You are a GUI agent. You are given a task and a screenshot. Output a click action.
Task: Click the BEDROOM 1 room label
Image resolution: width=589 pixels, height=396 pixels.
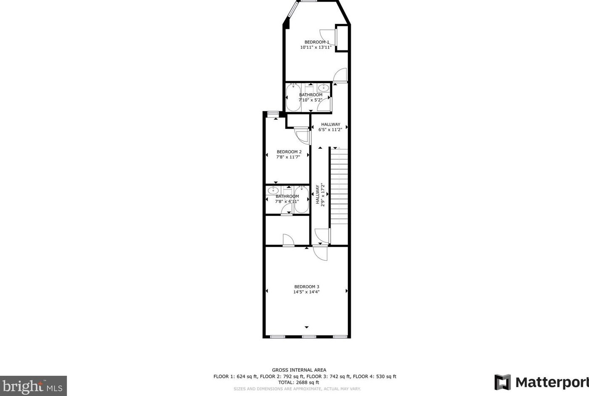click(317, 42)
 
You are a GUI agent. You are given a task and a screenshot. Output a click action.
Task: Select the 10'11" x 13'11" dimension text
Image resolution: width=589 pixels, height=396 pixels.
click(316, 47)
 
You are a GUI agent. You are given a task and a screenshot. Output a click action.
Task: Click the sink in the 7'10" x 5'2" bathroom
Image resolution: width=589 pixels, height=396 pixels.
click(323, 88)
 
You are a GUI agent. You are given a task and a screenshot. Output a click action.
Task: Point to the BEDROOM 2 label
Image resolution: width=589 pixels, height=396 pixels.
click(289, 152)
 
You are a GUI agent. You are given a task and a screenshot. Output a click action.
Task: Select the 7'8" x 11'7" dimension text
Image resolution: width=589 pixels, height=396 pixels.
click(288, 157)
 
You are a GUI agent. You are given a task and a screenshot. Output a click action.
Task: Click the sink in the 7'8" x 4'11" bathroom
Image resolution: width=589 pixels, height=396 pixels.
click(273, 190)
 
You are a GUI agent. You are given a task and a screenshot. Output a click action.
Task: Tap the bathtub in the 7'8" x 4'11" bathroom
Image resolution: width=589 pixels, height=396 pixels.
click(301, 199)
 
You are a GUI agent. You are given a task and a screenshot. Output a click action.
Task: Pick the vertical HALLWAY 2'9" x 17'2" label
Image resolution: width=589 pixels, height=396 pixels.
click(320, 194)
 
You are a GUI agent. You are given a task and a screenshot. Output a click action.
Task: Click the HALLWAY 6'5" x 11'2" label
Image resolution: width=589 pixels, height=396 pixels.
click(330, 127)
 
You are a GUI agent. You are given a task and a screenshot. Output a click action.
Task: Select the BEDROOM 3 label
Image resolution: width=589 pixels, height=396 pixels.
click(306, 286)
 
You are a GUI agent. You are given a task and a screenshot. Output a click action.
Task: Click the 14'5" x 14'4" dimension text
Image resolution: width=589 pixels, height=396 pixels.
click(306, 292)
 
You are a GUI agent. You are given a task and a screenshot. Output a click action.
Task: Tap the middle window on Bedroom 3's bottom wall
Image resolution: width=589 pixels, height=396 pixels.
click(309, 337)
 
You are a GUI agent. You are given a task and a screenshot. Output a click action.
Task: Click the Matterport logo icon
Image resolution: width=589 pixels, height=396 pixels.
click(502, 382)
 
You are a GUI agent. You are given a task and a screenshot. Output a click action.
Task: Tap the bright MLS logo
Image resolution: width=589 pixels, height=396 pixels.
click(33, 386)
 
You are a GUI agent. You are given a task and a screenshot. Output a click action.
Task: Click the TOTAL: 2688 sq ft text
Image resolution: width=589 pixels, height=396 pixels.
click(298, 383)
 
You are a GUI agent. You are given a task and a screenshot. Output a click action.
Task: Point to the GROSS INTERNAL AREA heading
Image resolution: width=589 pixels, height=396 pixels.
click(299, 370)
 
